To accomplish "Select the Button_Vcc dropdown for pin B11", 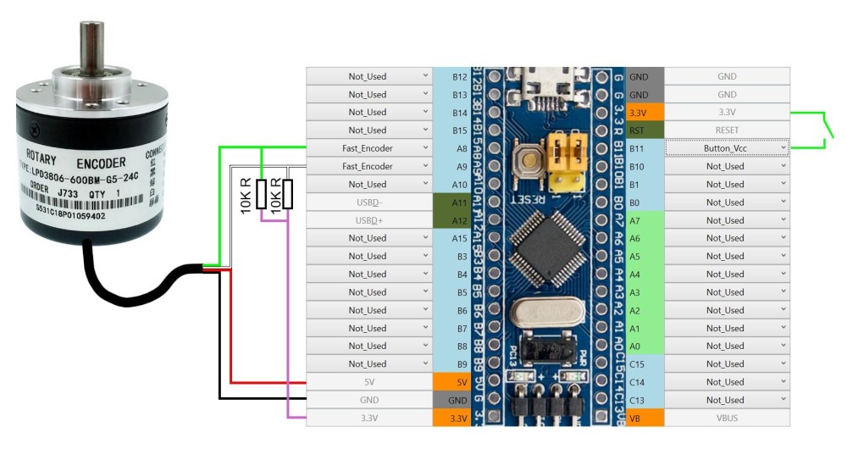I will tap(726, 148).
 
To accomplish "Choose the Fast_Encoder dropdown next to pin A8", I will tap(368, 148).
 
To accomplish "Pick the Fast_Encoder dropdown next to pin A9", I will tap(368, 166).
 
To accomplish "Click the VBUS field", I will tap(726, 418).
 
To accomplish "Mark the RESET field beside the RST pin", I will tap(726, 130).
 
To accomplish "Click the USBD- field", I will tap(368, 202).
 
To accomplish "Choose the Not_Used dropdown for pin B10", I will tap(726, 166).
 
